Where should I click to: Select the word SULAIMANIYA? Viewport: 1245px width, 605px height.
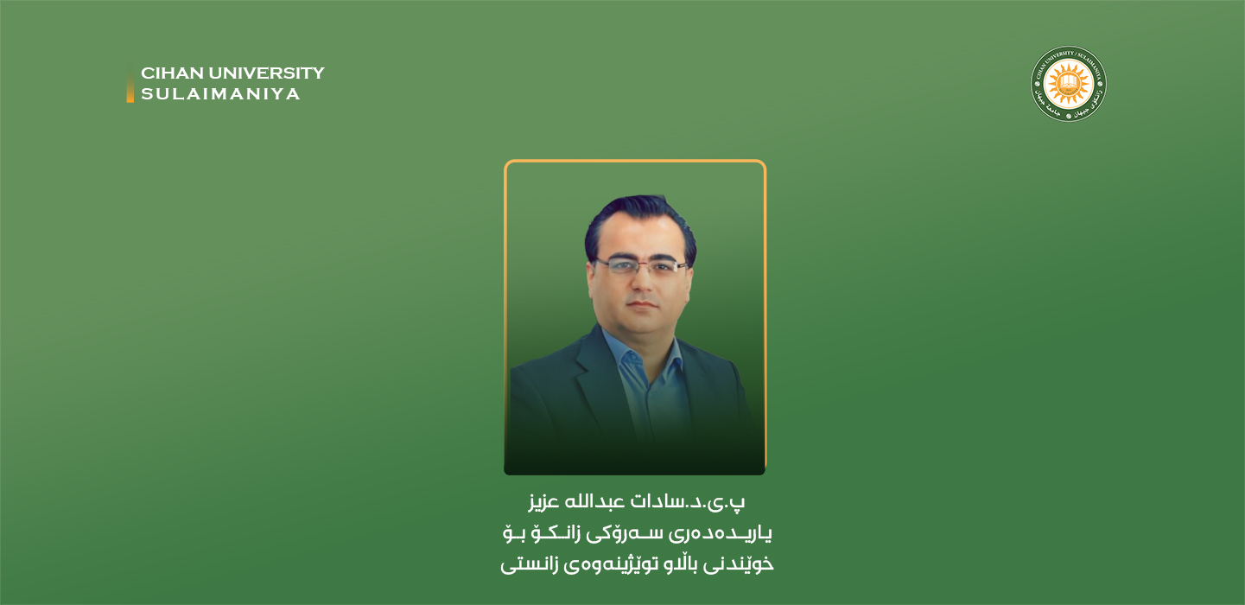point(220,94)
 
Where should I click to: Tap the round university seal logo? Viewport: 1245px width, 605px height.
point(1068,84)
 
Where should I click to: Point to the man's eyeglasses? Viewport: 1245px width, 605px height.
point(640,266)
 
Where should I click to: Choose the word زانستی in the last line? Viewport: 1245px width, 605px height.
point(530,564)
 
